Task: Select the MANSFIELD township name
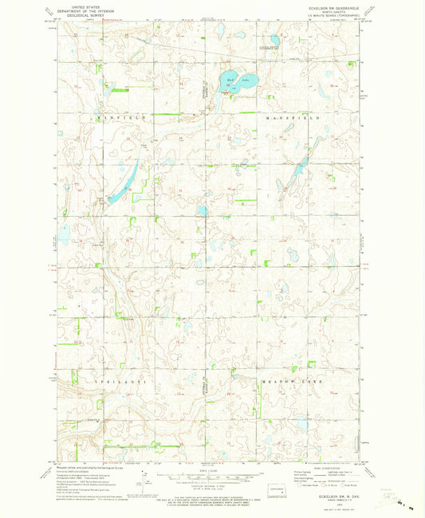(293, 117)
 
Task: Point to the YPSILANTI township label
(104, 382)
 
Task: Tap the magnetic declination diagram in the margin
(146, 482)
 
